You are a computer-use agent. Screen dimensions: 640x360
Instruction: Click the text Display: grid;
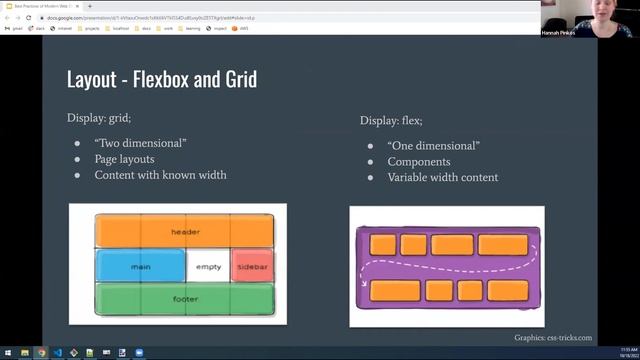[x=100, y=118]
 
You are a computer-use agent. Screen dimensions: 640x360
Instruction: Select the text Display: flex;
[x=391, y=120]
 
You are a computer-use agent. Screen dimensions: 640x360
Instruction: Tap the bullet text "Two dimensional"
[x=140, y=143]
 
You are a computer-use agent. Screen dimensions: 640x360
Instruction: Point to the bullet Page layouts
[x=124, y=159]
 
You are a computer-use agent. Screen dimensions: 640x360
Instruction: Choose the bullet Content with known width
[x=160, y=175]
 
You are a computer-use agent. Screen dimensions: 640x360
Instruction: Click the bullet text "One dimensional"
[x=433, y=146]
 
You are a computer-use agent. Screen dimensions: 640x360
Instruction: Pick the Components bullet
[x=419, y=162]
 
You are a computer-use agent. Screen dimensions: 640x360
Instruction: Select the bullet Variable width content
[x=442, y=178]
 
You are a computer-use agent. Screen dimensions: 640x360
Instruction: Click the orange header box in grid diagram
[x=184, y=232]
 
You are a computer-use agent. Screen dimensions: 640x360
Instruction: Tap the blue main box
[x=140, y=266]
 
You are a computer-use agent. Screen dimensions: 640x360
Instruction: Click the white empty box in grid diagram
[x=208, y=266]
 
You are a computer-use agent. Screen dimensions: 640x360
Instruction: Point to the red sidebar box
[x=251, y=266]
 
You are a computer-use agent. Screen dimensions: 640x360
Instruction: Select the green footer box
[x=184, y=298]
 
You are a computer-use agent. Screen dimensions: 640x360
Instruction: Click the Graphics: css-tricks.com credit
[x=553, y=338]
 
